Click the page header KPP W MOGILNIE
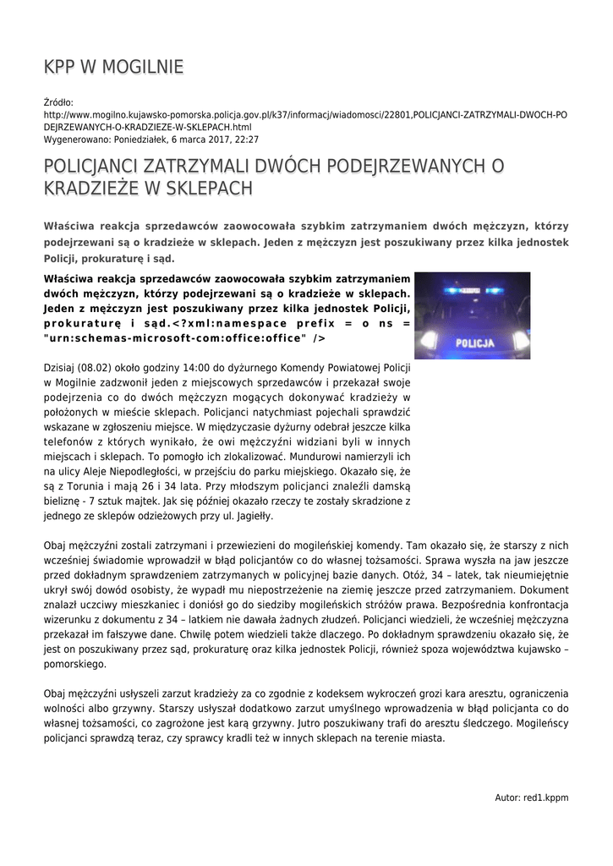point(113,67)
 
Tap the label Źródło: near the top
point(58,103)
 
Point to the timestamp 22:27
point(246,140)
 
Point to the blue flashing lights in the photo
point(473,290)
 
